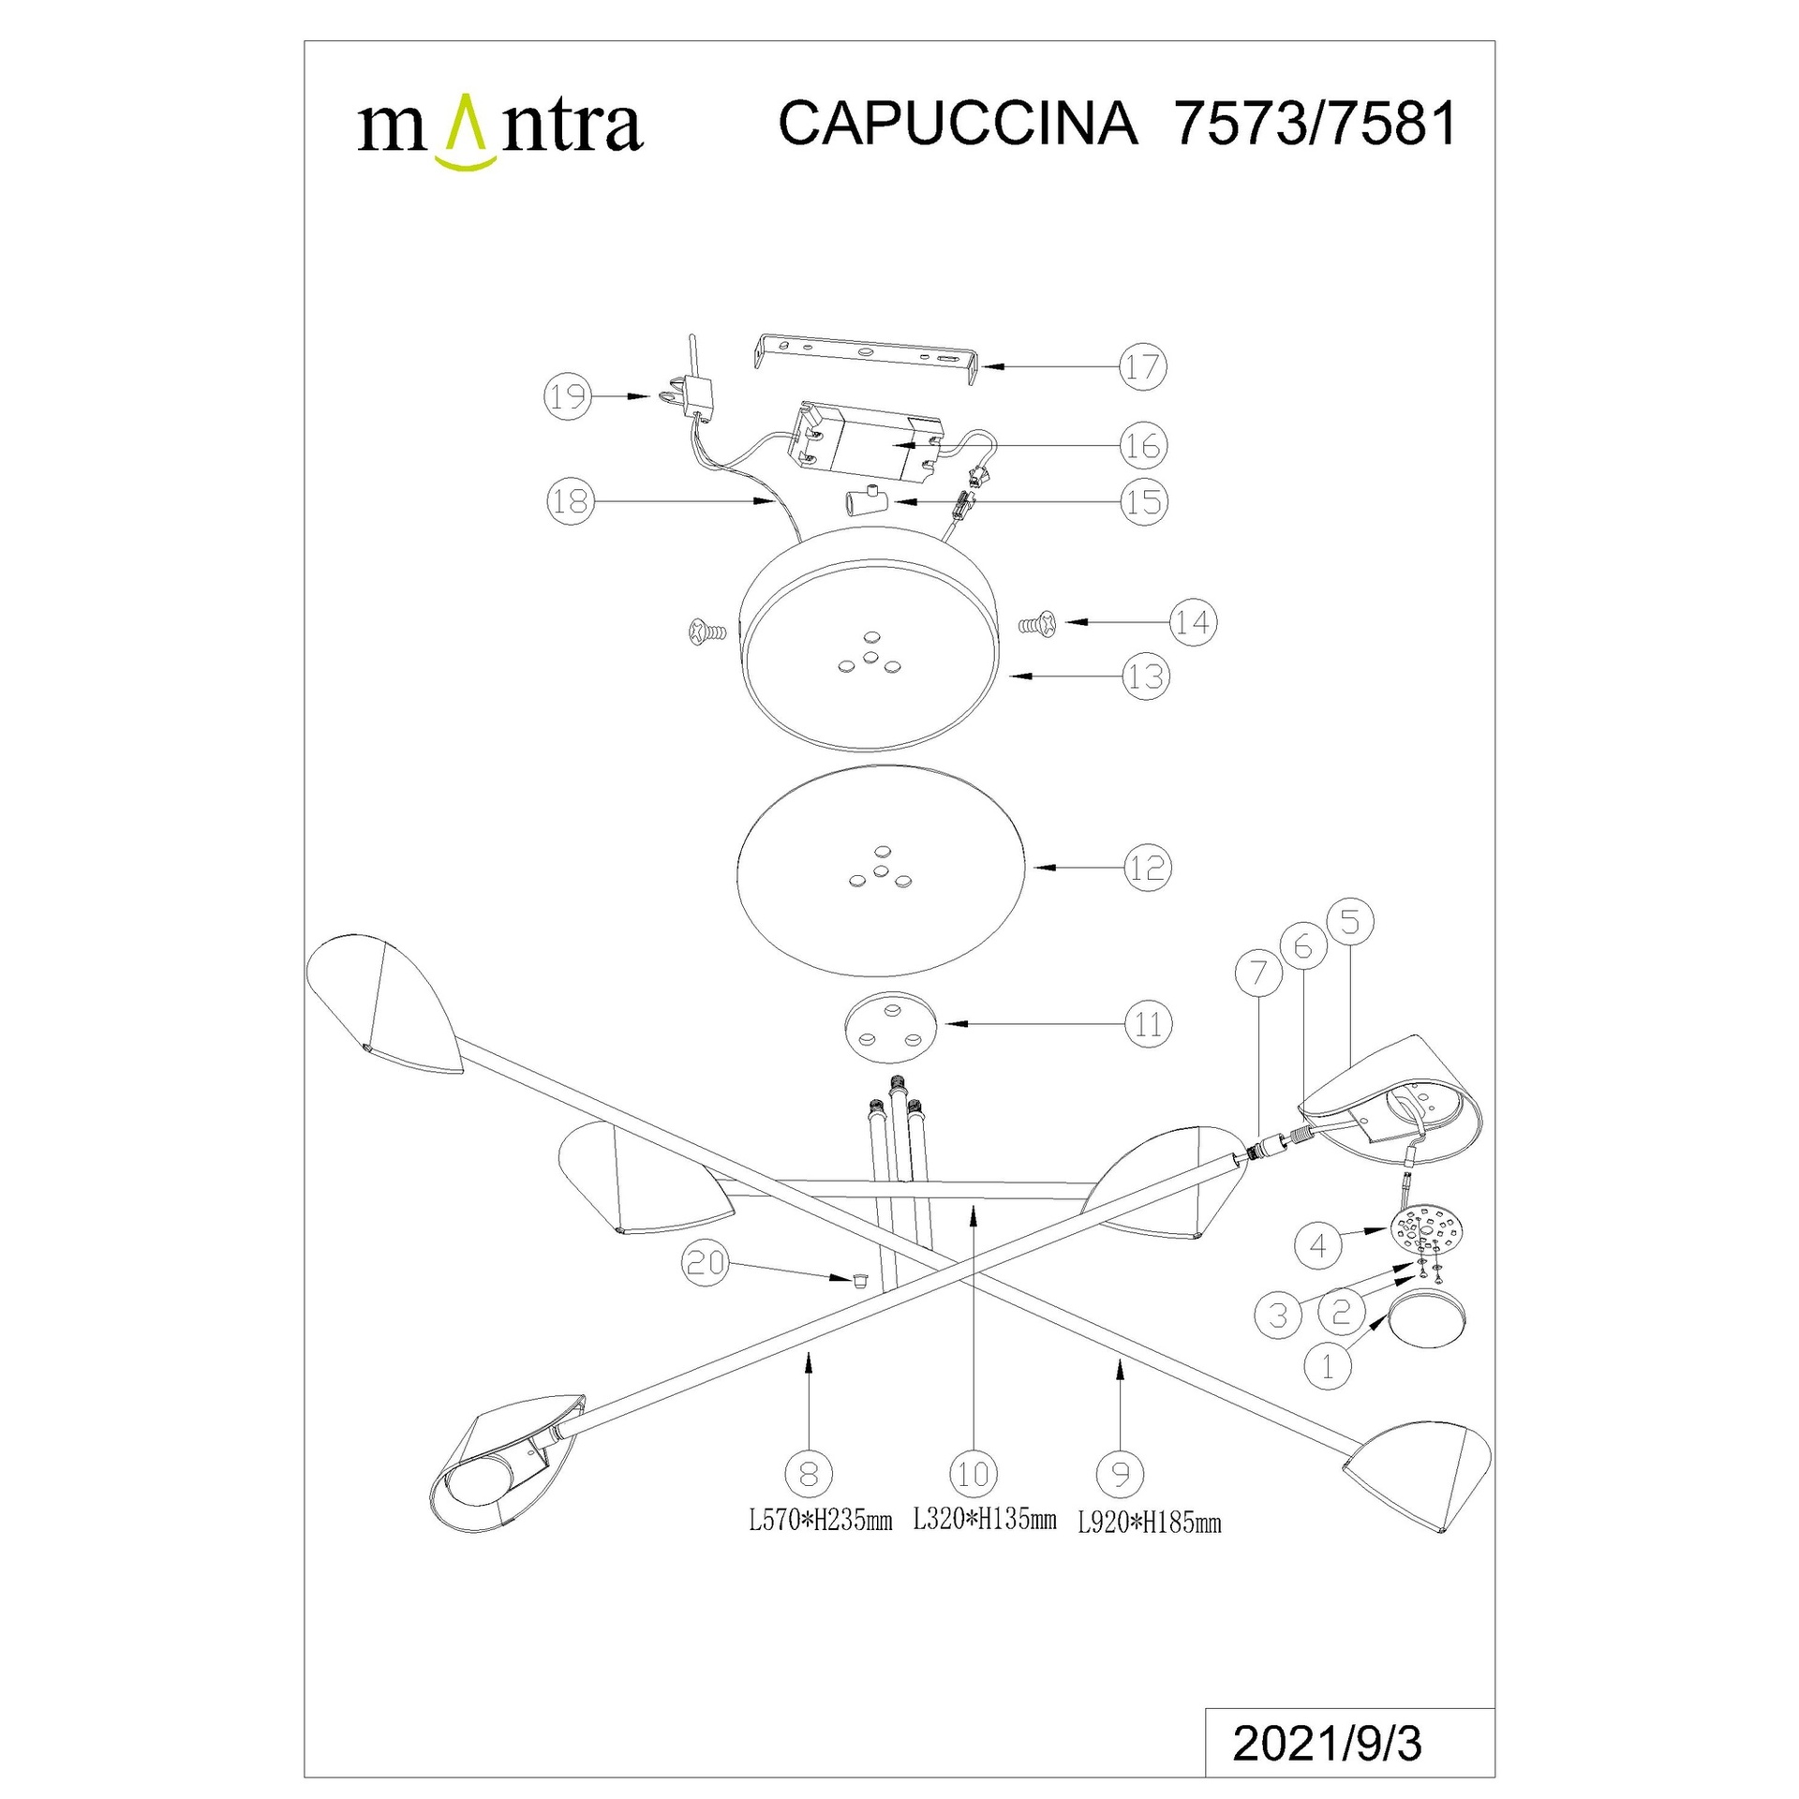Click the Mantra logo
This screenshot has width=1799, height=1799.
pyautogui.click(x=499, y=131)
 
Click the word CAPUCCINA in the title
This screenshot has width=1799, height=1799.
pyautogui.click(x=958, y=124)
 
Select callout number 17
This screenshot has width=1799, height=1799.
pyautogui.click(x=1142, y=366)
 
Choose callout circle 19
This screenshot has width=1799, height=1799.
pyautogui.click(x=568, y=397)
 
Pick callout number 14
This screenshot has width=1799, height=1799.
pyautogui.click(x=1193, y=621)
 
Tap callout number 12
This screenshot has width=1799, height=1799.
pyautogui.click(x=1148, y=868)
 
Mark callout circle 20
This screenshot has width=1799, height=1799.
pyautogui.click(x=706, y=1263)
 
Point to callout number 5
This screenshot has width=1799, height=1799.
pyautogui.click(x=1350, y=922)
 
